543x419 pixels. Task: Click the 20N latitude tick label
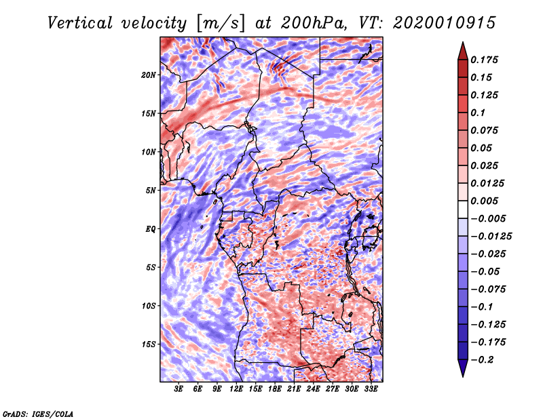[149, 75]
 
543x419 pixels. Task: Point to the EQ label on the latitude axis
[151, 229]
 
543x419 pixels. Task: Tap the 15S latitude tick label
[149, 344]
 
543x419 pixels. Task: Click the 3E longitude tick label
[179, 390]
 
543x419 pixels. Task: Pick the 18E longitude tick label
[275, 390]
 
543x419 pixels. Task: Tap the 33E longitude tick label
[371, 390]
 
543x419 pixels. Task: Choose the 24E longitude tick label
[313, 390]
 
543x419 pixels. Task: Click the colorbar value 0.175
[486, 60]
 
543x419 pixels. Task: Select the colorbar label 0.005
[486, 201]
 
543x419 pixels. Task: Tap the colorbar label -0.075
[491, 289]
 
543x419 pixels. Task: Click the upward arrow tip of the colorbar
[462, 44]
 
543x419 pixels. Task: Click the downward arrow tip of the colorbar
[462, 374]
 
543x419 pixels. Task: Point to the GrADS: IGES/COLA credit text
[37, 413]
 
